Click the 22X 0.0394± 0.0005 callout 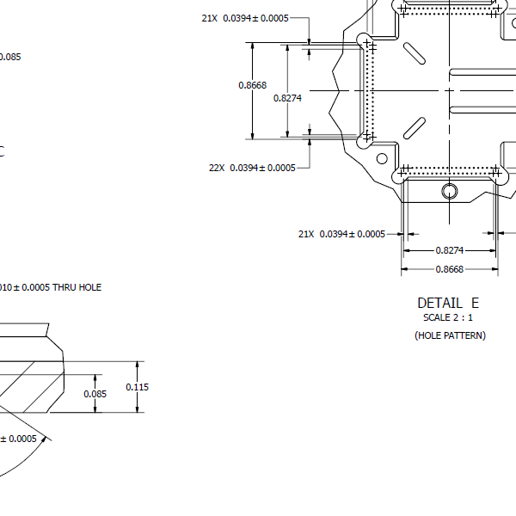252,168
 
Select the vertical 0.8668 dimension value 252,85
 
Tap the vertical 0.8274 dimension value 287,98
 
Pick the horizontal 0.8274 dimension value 450,250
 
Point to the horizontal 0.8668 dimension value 450,269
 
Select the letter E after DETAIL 475,303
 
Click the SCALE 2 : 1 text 448,317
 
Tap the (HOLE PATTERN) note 450,335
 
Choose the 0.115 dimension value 138,387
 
